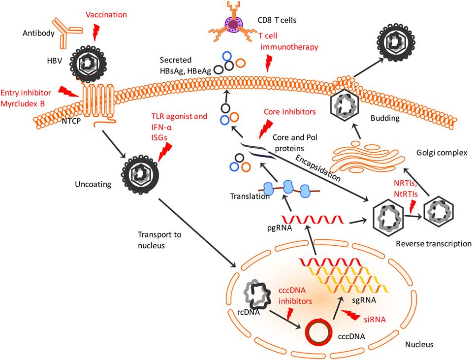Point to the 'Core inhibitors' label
coord(289,112)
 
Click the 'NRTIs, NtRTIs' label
coord(405,187)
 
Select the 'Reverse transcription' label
coord(433,243)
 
